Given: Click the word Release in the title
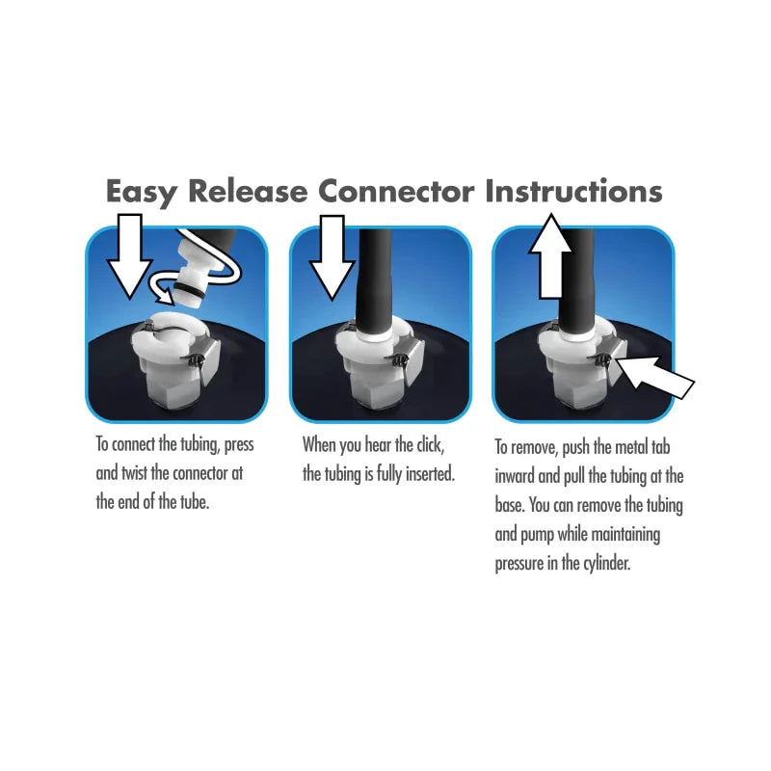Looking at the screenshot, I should point(248,191).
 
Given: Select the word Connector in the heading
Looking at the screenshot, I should point(396,191).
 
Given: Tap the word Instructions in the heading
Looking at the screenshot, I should point(573,191).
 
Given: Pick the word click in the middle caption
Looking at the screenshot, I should point(427,445).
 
